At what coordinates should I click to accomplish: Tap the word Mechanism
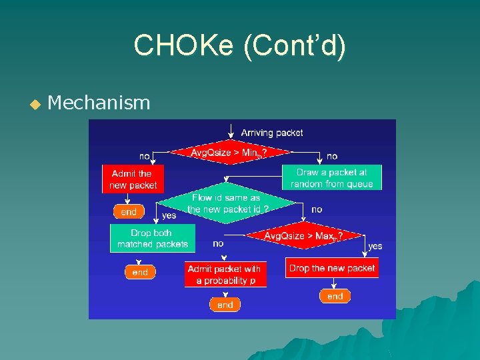tap(99, 103)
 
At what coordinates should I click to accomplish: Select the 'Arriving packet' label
tap(271, 133)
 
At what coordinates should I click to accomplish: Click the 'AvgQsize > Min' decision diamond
tap(229, 153)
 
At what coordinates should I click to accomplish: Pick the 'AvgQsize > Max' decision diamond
tap(304, 235)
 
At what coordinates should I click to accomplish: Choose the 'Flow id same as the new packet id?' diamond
tap(227, 203)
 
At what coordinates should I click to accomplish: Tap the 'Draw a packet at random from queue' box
tap(331, 178)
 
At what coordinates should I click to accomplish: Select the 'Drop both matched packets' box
tap(153, 239)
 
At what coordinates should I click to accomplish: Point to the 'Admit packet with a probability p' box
tap(225, 275)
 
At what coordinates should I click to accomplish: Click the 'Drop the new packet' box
tap(332, 268)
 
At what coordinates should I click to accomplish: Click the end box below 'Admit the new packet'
tap(129, 212)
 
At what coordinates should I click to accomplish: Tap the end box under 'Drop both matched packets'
tap(140, 272)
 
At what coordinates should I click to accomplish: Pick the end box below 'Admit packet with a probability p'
tap(225, 305)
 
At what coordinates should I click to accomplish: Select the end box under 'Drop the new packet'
tap(335, 296)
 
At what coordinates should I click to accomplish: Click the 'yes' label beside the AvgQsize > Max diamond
tap(375, 246)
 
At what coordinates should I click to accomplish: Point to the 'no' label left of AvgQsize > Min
tap(144, 156)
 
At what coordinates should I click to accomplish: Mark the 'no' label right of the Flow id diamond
tap(317, 209)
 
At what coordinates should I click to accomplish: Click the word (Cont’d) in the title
tap(295, 47)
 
